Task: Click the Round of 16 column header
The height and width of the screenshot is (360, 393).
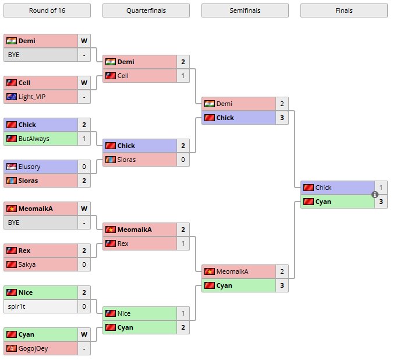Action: [x=47, y=10]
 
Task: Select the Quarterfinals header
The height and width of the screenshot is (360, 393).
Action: [x=146, y=10]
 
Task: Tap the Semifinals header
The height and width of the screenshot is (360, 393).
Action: [x=245, y=10]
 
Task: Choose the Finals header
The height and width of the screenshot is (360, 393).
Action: [x=344, y=10]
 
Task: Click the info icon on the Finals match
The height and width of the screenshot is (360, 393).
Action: [x=375, y=195]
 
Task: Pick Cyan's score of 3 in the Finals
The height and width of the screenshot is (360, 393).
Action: [x=381, y=202]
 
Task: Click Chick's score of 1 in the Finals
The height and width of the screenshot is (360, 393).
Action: [x=381, y=188]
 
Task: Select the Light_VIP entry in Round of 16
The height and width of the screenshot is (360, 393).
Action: [x=31, y=97]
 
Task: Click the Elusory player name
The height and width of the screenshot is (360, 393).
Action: [x=30, y=167]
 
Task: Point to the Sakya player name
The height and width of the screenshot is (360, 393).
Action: [x=28, y=264]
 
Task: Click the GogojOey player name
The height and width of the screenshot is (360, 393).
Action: [x=33, y=348]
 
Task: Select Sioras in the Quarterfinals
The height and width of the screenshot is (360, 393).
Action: [x=126, y=160]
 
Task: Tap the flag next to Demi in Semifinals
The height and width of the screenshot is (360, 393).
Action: [x=209, y=104]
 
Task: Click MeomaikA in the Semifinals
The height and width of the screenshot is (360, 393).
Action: [x=232, y=271]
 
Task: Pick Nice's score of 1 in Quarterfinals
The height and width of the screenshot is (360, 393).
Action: [x=183, y=313]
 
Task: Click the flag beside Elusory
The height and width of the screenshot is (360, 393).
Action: [x=11, y=167]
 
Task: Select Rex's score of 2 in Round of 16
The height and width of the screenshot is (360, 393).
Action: [x=84, y=250]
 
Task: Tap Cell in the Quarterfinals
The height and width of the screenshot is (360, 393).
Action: [x=123, y=76]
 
